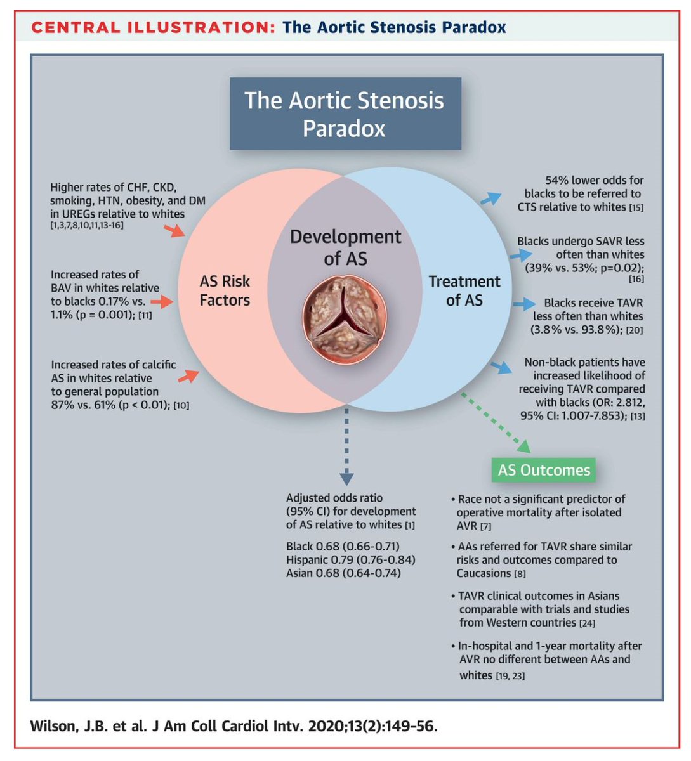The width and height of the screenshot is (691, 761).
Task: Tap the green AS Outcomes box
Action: pos(544,470)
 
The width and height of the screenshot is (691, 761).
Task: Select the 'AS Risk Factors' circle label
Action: pos(225,290)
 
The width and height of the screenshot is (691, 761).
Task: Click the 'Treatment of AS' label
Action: pos(464,290)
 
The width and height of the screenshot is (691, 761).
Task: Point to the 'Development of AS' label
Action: pos(345,247)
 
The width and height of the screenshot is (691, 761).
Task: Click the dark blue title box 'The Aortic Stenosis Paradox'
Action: pos(345,114)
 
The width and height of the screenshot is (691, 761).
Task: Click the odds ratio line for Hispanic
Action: pos(351,560)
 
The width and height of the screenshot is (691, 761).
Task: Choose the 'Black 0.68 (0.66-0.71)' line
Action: pos(343,546)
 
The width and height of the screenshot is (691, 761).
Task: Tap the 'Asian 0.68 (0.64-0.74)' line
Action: pos(343,573)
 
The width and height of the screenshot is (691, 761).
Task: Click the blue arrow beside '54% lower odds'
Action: pos(489,198)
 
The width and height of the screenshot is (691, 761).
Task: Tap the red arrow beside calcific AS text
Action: pos(187,377)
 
